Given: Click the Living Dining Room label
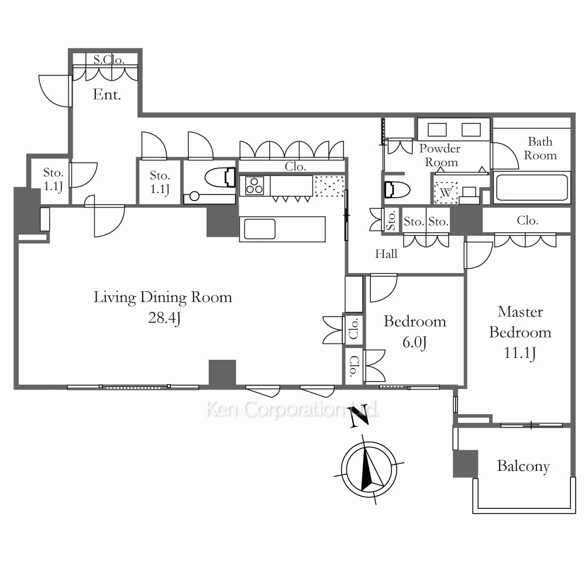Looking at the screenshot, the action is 163,298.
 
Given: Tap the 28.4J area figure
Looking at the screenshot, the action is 164,318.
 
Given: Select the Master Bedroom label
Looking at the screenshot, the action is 520,322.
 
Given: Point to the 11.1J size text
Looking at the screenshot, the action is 520,353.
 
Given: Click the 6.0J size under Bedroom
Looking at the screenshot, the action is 415,342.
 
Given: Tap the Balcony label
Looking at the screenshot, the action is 524,466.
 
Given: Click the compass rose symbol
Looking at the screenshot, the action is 369,469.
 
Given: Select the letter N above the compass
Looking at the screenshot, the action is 359,417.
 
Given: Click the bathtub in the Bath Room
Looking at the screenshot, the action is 532,187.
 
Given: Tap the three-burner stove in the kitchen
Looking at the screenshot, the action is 254,186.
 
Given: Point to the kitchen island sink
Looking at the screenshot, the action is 260,229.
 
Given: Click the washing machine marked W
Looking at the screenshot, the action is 446,192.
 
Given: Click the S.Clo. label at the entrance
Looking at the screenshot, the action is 109,60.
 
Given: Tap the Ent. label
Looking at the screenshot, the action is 106,94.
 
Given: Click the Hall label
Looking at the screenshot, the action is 386,254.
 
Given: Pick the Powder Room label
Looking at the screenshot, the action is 441,155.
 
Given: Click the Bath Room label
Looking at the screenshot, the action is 540,149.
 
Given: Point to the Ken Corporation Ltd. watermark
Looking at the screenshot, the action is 292,409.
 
